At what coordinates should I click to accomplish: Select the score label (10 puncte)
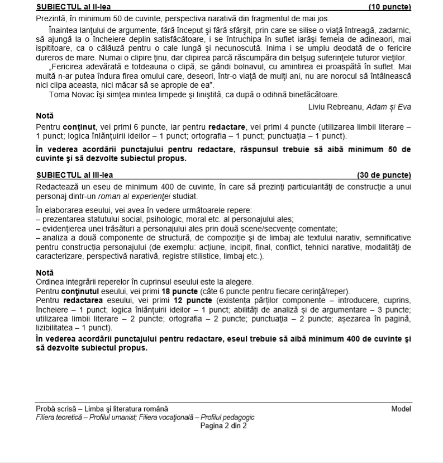[x=389, y=7]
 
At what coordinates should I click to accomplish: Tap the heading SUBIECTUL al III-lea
[x=72, y=175]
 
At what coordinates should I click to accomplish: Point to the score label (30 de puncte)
[x=384, y=175]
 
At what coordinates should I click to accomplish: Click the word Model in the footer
[x=401, y=409]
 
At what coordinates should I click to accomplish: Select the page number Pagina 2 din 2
[x=223, y=425]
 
